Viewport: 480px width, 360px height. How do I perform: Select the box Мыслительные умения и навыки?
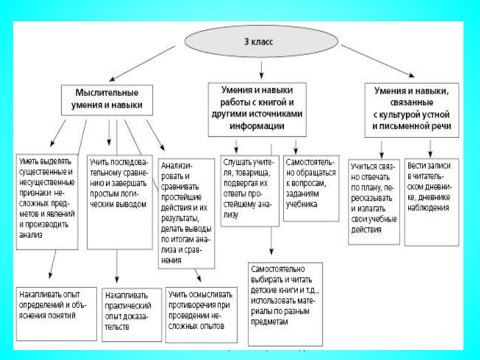coord(107,100)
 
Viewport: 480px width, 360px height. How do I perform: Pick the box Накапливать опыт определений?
coord(53,302)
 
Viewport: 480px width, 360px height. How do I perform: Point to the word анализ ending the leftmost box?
coord(31,236)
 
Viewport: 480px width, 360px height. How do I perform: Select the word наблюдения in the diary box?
coord(429,208)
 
